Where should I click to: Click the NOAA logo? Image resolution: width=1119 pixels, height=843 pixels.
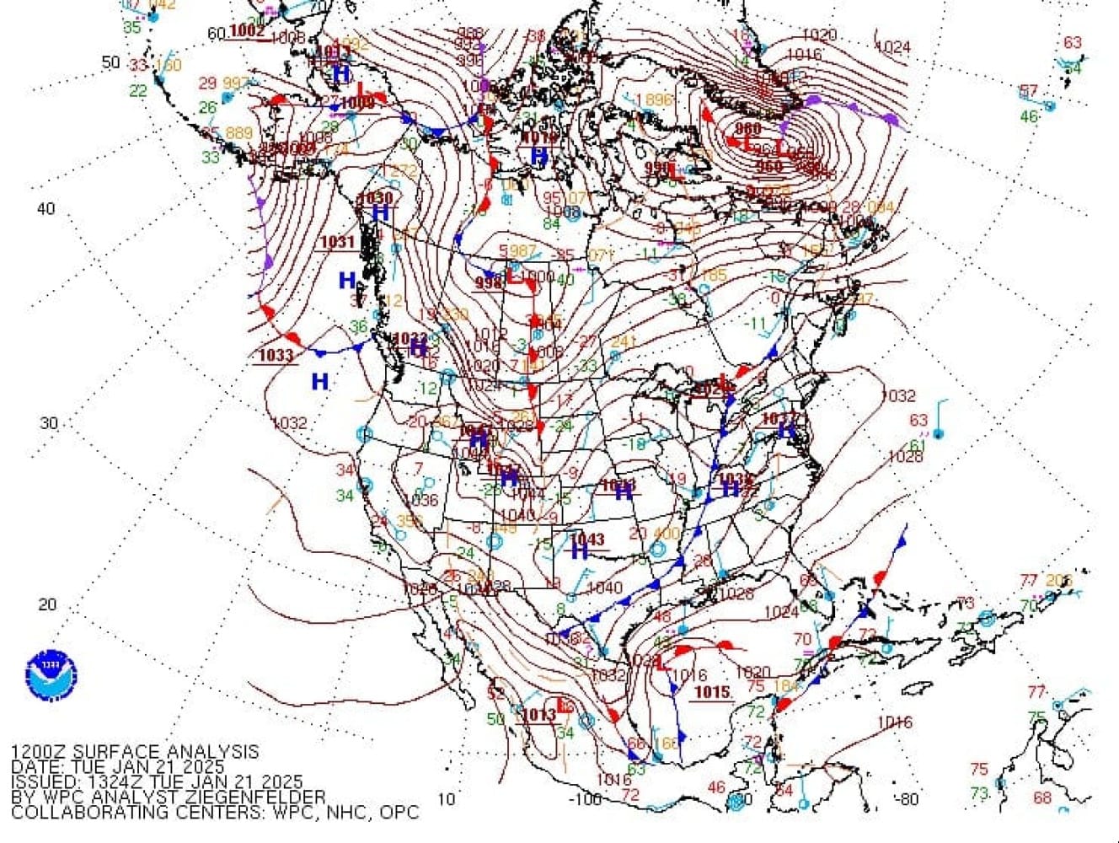point(51,675)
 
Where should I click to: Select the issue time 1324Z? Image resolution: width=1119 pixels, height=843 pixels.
point(114,782)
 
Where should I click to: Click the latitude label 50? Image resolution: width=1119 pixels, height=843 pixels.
point(111,62)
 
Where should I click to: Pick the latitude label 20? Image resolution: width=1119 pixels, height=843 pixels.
point(48,604)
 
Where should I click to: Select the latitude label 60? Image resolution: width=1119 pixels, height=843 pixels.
point(216,34)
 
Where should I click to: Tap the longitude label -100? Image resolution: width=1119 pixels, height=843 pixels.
point(586,798)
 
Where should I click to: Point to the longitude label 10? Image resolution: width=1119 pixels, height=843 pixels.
point(447,798)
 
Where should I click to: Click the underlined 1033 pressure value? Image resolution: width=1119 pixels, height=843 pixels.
point(276,356)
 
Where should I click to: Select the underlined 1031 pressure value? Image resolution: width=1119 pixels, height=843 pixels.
point(338,242)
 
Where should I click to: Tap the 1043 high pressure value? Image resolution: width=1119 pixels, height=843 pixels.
point(587,539)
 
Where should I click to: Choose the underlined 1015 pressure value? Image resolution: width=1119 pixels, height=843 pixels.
point(712,692)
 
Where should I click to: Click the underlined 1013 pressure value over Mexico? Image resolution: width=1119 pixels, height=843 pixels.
point(538,715)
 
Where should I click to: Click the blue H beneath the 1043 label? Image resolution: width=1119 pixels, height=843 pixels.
point(579,552)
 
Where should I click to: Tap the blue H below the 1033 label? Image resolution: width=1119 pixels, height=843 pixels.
point(319,382)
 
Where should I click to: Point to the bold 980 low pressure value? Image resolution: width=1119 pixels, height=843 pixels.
point(747,129)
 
